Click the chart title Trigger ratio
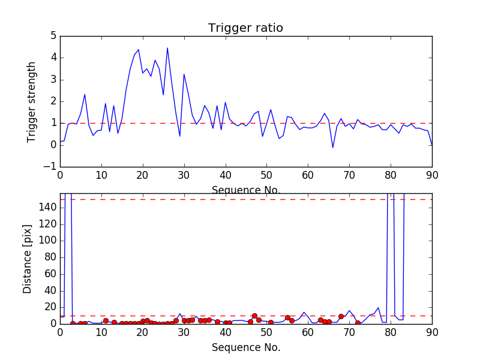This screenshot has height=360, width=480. point(245,28)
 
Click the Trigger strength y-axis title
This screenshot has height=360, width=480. point(32,101)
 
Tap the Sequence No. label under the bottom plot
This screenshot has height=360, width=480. point(246,347)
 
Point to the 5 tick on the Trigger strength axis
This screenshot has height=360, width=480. point(53,36)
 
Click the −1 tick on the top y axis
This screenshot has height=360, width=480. point(49,166)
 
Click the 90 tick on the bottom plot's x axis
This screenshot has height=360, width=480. point(432,332)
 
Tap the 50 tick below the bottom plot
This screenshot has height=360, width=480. point(266,332)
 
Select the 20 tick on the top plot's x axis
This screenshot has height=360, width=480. point(143,175)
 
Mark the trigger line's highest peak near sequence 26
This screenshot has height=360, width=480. point(167,48)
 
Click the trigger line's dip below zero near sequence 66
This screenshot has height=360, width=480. point(333,148)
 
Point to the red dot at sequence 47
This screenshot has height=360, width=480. point(254,316)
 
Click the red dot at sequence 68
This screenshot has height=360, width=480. point(341,316)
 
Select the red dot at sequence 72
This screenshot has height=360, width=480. point(358,323)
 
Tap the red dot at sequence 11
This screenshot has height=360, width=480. point(106,320)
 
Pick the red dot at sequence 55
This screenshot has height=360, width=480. point(287,317)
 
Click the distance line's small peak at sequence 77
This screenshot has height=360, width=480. point(378,308)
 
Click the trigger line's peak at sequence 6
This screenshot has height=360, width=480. point(85,94)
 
